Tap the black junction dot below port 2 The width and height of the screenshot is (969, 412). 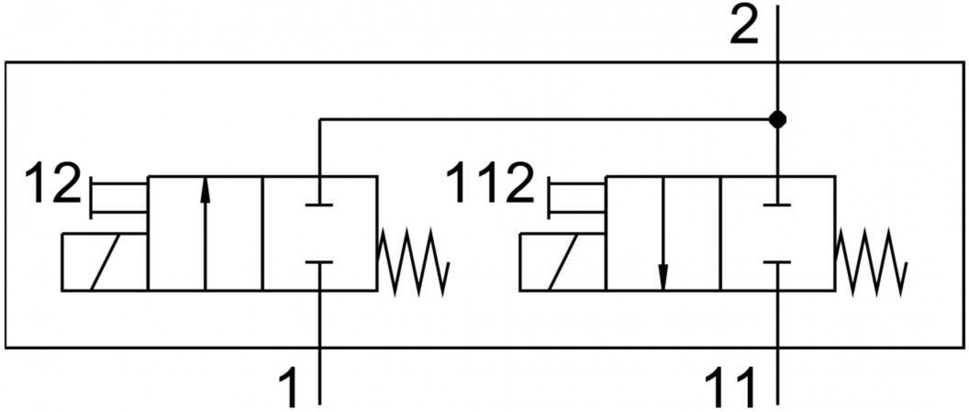point(777,120)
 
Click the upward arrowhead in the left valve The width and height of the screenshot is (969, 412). point(205,191)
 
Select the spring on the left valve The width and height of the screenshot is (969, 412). point(413,262)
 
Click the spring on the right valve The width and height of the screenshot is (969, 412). point(871,262)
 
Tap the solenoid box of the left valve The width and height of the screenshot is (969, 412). point(105,262)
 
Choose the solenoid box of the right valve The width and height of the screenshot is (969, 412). point(563,262)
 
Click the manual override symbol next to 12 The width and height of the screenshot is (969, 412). point(118,199)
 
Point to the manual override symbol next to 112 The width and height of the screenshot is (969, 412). point(576,199)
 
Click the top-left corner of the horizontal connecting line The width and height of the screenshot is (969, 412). point(320,120)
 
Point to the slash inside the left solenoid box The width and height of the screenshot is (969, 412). point(105,262)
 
